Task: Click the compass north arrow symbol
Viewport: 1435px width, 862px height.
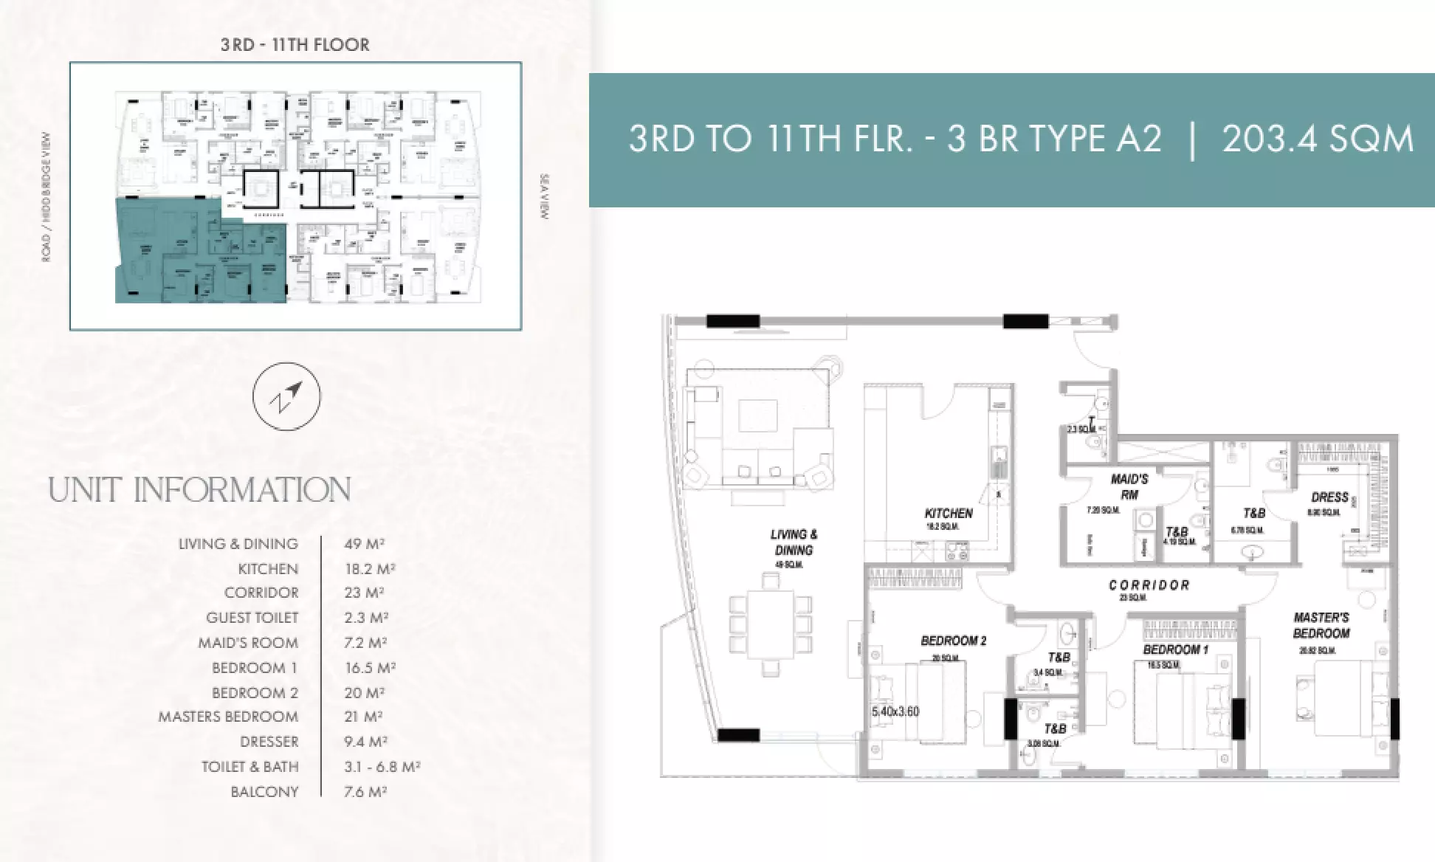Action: [x=286, y=396]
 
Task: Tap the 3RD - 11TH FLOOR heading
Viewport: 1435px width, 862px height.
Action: [x=295, y=44]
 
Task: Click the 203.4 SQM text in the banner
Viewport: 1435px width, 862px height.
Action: [x=1318, y=139]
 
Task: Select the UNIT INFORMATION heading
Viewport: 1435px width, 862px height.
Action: [x=199, y=490]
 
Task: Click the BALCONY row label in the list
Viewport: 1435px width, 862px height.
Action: [x=264, y=792]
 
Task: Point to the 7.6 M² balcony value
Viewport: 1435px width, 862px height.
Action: [x=365, y=792]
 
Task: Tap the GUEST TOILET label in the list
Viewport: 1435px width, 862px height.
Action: [x=252, y=618]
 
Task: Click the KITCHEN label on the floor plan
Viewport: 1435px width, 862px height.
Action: [x=949, y=513]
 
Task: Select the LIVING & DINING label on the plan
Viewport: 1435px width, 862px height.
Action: [x=794, y=542]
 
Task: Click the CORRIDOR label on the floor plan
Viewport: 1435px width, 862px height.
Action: [x=1149, y=585]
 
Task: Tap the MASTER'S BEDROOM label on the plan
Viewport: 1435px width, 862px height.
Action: [x=1321, y=625]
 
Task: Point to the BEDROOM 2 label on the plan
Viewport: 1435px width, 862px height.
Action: [x=953, y=641]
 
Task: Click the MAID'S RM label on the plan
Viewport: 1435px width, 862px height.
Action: [x=1129, y=486]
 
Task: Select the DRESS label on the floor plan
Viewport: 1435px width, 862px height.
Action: [x=1329, y=497]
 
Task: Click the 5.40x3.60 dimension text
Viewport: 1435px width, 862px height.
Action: [x=895, y=712]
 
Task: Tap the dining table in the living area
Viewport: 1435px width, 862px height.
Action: [x=770, y=624]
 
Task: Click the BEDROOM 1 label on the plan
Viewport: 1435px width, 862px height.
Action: [x=1176, y=649]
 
